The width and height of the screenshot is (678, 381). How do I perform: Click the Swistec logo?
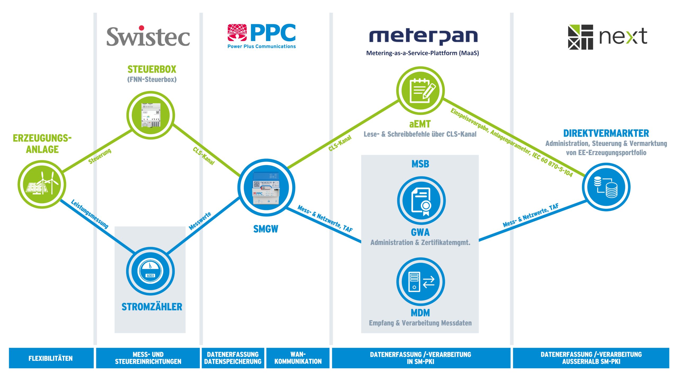click(x=148, y=37)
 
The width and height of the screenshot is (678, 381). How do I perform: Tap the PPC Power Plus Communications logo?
click(x=261, y=36)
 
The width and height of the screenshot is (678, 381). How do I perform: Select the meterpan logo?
click(x=423, y=37)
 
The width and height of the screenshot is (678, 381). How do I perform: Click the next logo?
click(x=608, y=37)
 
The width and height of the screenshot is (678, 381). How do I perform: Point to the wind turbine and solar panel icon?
click(x=42, y=184)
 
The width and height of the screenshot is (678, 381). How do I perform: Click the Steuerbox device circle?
click(x=150, y=115)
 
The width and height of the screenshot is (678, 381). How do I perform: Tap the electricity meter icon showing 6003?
click(x=150, y=271)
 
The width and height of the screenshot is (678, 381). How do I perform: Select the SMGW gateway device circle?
click(x=266, y=187)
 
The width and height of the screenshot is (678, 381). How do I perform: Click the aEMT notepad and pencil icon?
click(x=420, y=90)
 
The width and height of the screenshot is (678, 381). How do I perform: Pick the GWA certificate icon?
click(x=421, y=201)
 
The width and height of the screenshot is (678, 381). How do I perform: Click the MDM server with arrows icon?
click(x=421, y=282)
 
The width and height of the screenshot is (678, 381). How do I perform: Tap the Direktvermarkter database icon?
click(x=606, y=187)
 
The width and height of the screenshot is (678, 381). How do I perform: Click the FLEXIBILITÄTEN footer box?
click(x=51, y=358)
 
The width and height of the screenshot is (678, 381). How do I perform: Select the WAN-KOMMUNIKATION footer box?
click(x=298, y=358)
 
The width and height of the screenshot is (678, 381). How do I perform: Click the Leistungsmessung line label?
click(x=90, y=214)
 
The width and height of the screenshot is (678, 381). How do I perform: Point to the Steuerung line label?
click(x=100, y=156)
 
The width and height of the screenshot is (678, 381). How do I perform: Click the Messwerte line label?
click(x=200, y=221)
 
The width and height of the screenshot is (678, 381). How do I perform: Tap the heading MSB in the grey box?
click(x=420, y=164)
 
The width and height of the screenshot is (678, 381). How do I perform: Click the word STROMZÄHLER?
click(x=152, y=307)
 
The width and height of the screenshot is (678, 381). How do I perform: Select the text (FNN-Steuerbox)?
click(x=152, y=79)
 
